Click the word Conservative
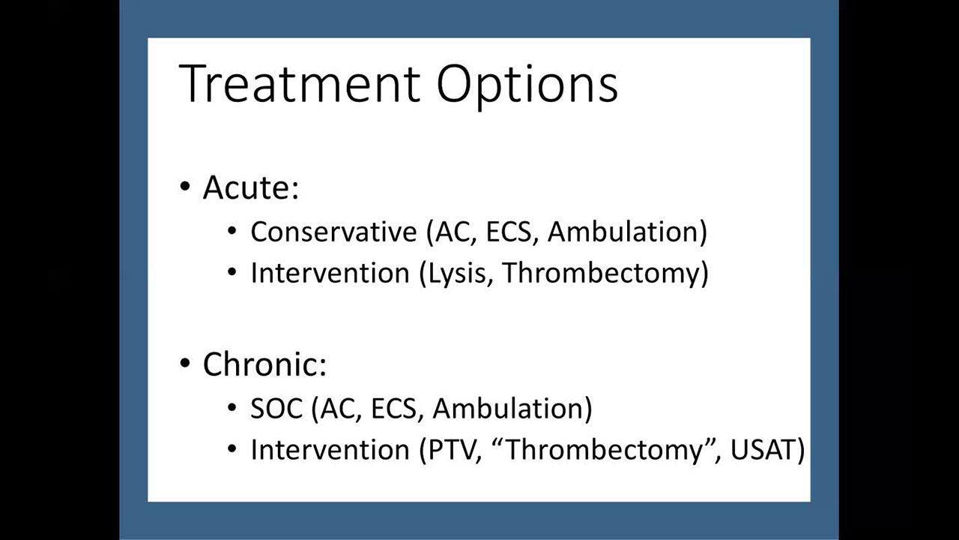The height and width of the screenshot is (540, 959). click(x=334, y=232)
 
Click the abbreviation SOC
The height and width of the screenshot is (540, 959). click(x=276, y=408)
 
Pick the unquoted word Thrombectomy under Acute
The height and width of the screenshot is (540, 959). click(x=600, y=274)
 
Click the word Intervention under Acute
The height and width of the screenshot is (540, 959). click(x=330, y=272)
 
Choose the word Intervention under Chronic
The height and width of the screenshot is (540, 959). click(x=330, y=449)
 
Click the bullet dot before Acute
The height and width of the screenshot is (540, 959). click(x=185, y=187)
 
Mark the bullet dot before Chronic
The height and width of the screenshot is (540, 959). click(x=185, y=364)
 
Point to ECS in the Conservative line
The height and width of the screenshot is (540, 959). click(x=509, y=232)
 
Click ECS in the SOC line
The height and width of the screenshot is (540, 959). click(x=393, y=408)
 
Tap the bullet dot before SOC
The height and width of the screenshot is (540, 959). click(x=232, y=407)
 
